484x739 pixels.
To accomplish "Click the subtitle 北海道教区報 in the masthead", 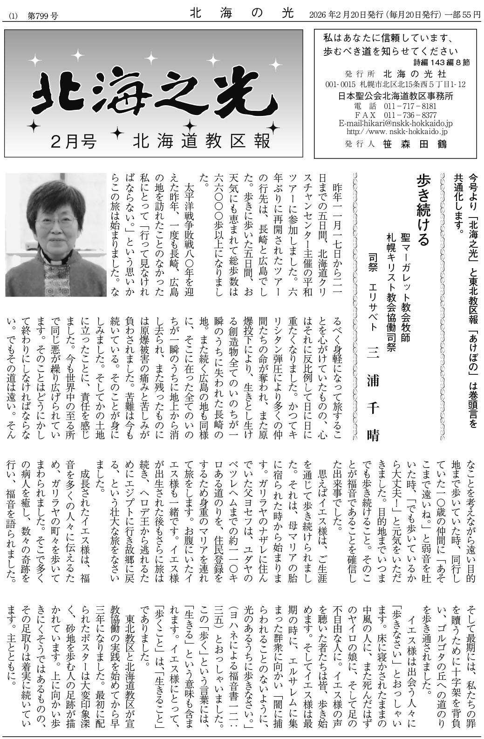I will click(201, 141).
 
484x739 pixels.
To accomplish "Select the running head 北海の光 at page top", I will click(242, 15).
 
